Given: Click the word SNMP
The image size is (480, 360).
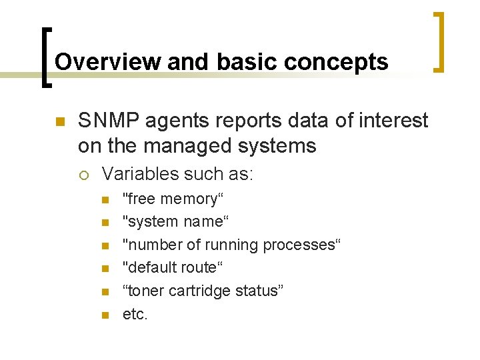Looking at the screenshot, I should pos(108,121).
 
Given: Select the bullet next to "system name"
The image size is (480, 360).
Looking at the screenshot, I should pos(104,223).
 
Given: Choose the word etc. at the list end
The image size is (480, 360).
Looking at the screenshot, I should pos(135,314).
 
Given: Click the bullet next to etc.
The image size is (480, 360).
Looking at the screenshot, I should pos(104,315).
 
